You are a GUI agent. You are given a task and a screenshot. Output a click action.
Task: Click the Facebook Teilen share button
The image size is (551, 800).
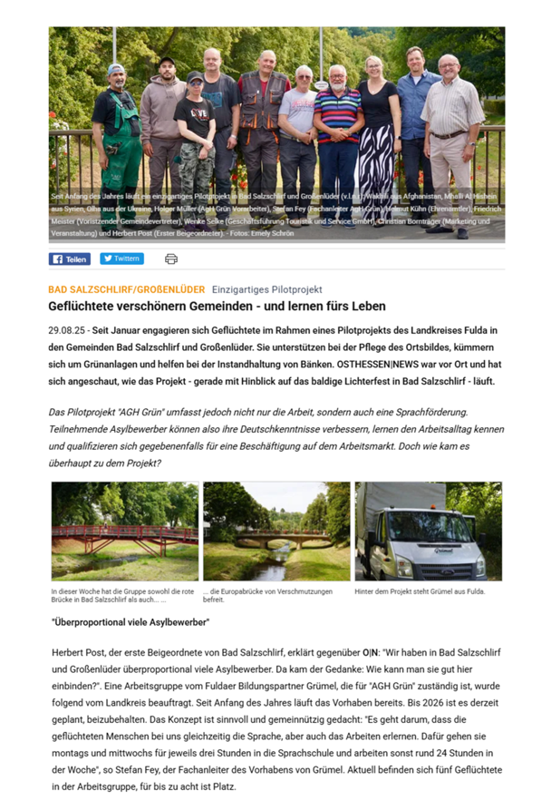pyautogui.click(x=69, y=259)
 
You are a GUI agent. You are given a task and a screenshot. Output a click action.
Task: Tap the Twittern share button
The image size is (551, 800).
pyautogui.click(x=121, y=259)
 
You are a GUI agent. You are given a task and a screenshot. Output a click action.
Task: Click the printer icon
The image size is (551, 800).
pyautogui.click(x=170, y=259)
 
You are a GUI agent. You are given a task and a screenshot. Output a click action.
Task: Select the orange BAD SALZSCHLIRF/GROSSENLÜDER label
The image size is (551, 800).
pyautogui.click(x=126, y=289)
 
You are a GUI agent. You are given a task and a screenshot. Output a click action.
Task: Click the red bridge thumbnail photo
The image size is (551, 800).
pyautogui.click(x=124, y=531)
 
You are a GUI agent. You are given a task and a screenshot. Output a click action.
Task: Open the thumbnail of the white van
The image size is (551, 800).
pyautogui.click(x=427, y=531)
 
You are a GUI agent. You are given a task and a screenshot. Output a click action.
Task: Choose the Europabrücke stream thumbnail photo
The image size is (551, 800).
pyautogui.click(x=275, y=531)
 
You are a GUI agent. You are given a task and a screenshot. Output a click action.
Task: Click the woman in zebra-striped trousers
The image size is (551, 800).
pyautogui.click(x=375, y=136)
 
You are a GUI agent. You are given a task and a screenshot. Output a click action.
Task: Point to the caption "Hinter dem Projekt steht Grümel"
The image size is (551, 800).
pyautogui.click(x=420, y=592)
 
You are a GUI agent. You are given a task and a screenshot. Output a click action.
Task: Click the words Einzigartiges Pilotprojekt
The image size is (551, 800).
pyautogui.click(x=267, y=289)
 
